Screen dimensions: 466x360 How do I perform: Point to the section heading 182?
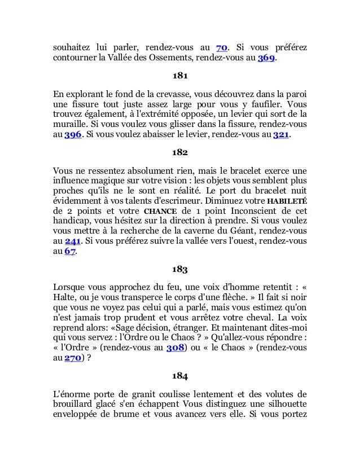click(179, 152)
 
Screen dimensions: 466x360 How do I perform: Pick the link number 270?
click(72, 359)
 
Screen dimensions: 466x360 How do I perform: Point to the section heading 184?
click(179, 376)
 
